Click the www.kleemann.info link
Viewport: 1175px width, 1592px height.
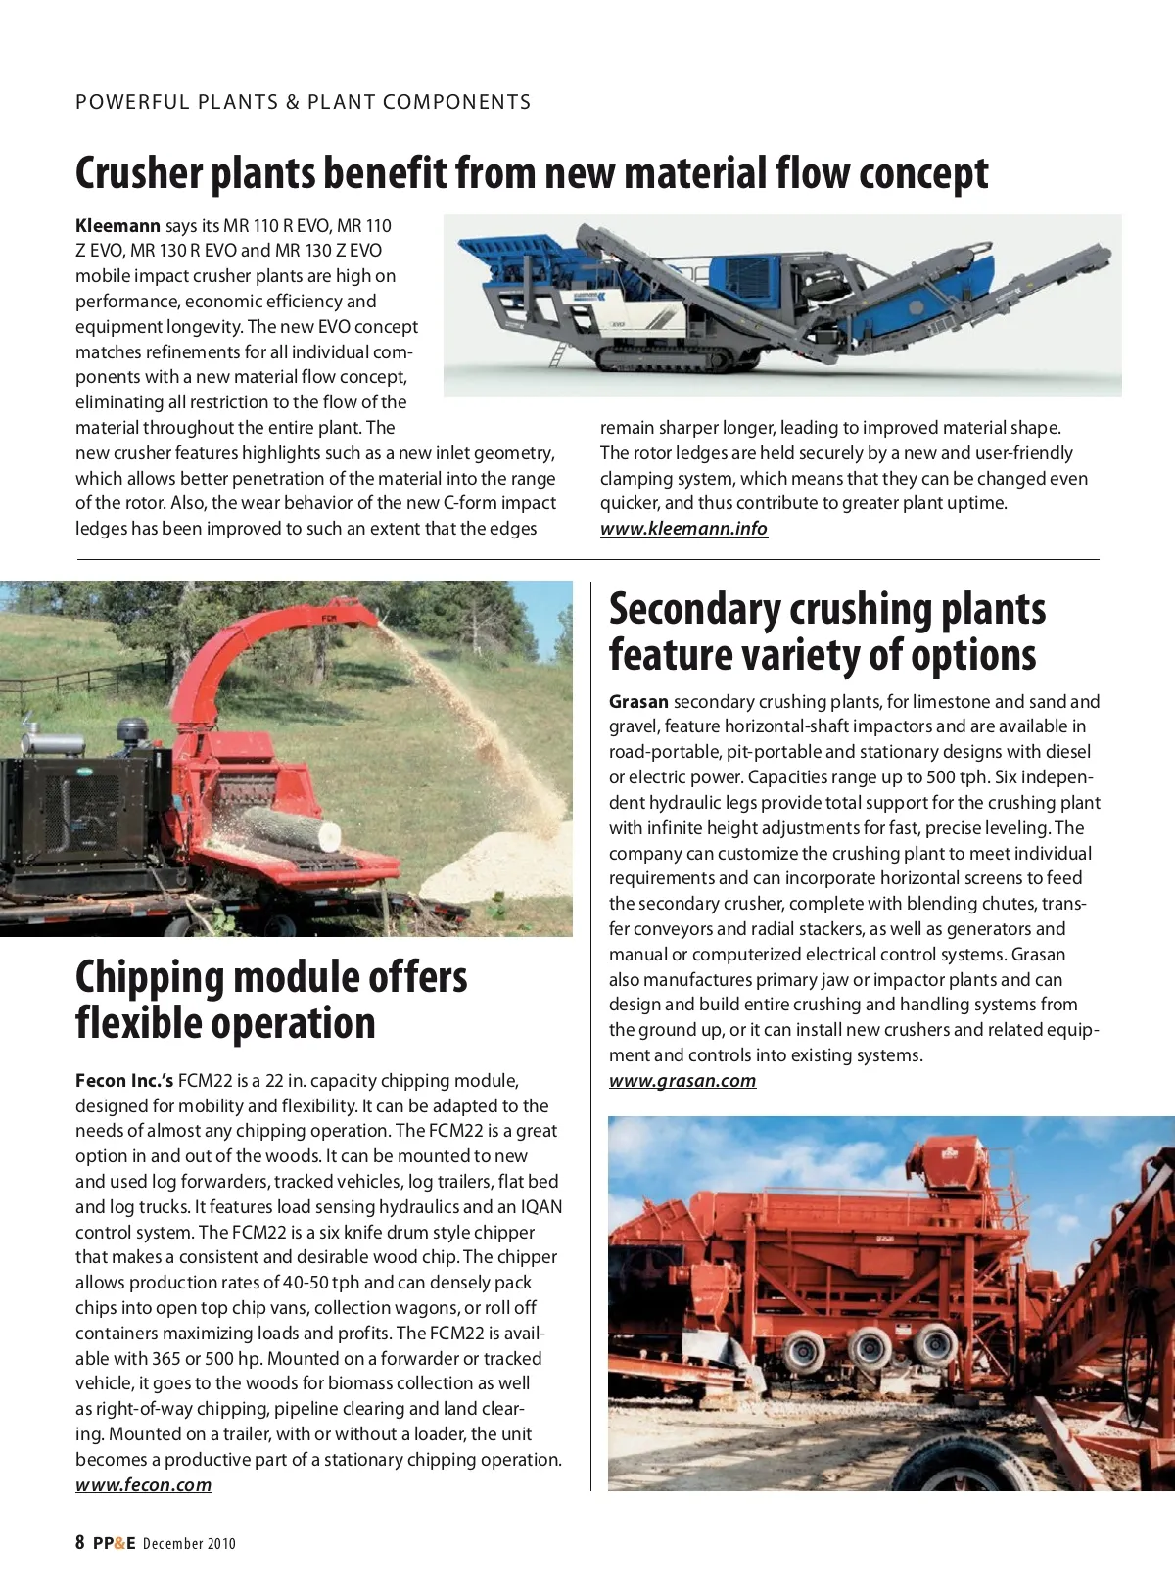683,529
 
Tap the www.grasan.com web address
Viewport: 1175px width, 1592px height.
682,1081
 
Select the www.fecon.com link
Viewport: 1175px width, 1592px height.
143,1485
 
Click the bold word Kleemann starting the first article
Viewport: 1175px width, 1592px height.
117,226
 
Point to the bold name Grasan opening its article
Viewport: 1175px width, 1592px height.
638,702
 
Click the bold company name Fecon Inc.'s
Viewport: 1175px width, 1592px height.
124,1081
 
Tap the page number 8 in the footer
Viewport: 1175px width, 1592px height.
80,1543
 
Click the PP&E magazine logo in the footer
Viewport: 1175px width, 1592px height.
115,1544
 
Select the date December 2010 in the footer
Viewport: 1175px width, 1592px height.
189,1544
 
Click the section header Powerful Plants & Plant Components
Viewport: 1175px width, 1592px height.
303,102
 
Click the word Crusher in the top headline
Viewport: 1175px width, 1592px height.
138,173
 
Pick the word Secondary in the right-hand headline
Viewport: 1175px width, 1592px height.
694,609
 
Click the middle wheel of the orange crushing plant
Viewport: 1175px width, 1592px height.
868,1349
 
